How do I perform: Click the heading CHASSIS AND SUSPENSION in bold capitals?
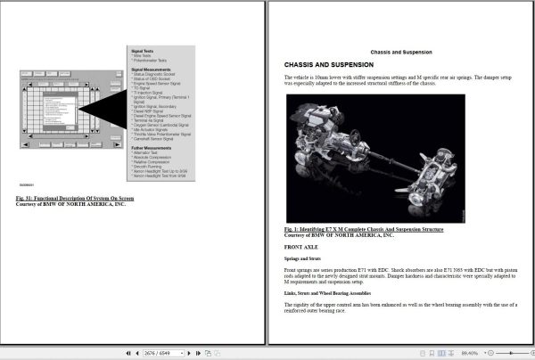[328, 65]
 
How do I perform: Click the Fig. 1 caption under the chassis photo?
[363, 229]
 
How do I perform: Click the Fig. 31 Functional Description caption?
[76, 197]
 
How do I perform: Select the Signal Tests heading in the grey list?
[143, 52]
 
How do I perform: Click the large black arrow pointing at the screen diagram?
[103, 109]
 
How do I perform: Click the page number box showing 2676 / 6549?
[160, 354]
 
